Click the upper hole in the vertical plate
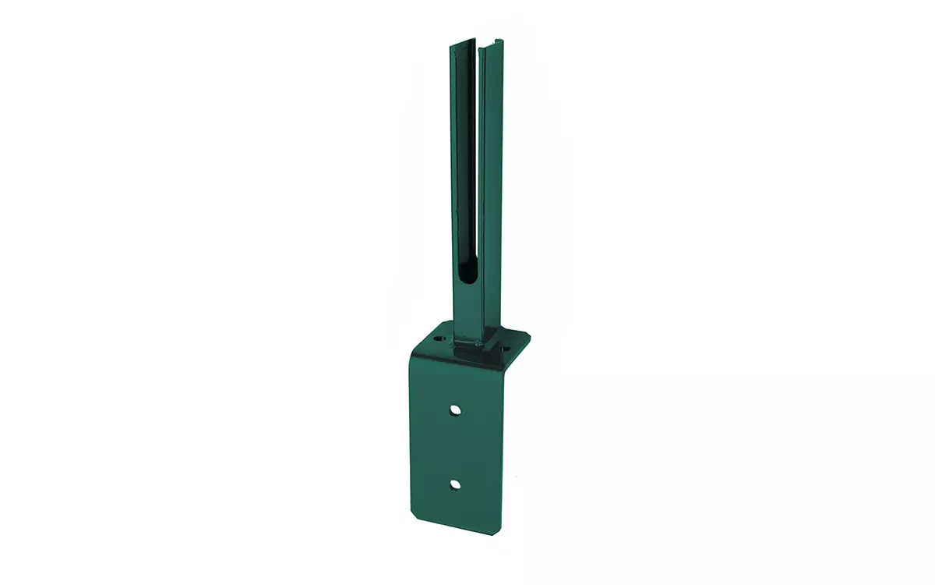click(455, 409)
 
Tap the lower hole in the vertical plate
click(455, 484)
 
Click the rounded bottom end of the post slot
click(464, 273)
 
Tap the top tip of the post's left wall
click(451, 47)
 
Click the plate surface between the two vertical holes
click(455, 446)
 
